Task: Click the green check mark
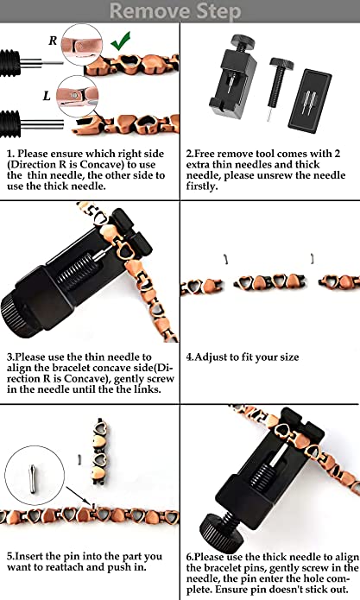[121, 41]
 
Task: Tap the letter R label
[53, 41]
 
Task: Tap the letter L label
[47, 95]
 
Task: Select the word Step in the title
[218, 12]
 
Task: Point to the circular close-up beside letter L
[77, 96]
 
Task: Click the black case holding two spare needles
[310, 101]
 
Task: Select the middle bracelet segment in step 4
[270, 283]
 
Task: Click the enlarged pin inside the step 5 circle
[33, 478]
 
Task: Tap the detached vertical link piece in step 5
[100, 452]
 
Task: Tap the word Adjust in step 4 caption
[211, 357]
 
